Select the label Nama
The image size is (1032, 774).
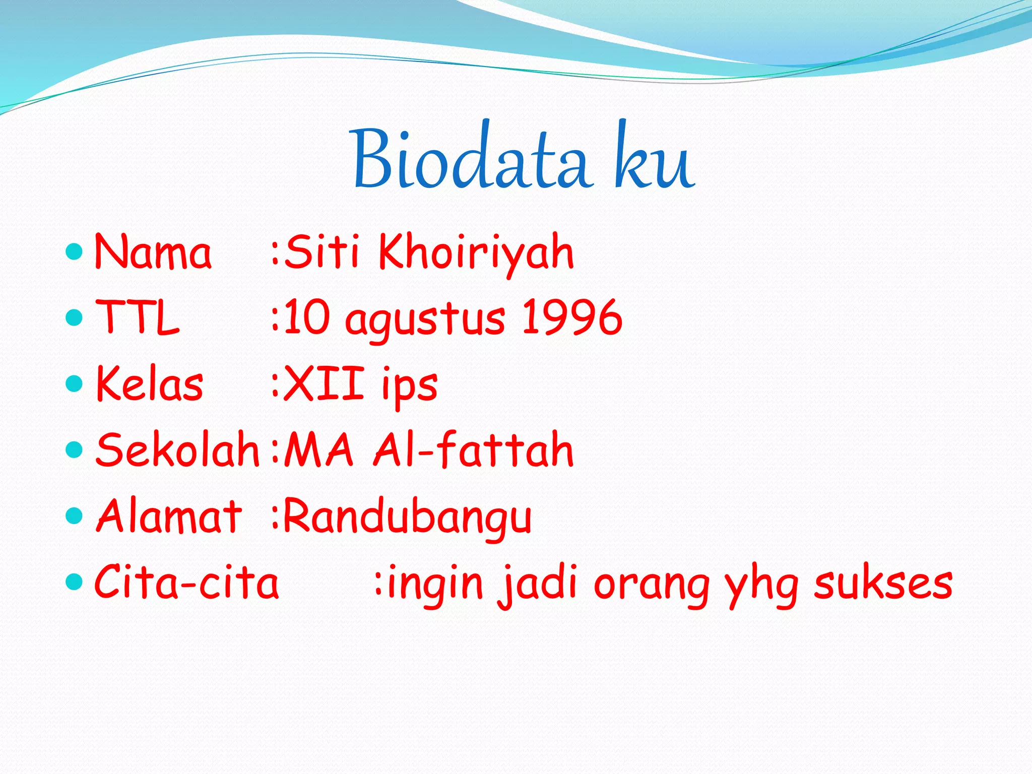click(x=153, y=252)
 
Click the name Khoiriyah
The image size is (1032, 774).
click(x=476, y=252)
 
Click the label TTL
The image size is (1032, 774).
click(x=137, y=317)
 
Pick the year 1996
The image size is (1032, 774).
click(x=572, y=317)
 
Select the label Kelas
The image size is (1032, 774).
click(x=150, y=384)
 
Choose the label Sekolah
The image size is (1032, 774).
click(x=177, y=449)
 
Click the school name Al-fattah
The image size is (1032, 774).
click(x=473, y=449)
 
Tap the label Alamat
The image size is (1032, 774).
click(x=169, y=516)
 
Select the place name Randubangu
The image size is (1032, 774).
click(x=408, y=517)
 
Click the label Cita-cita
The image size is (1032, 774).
click(x=186, y=583)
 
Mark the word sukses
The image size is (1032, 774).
click(x=883, y=584)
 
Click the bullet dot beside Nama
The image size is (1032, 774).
click(x=74, y=251)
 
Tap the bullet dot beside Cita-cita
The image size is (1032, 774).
click(x=74, y=582)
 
